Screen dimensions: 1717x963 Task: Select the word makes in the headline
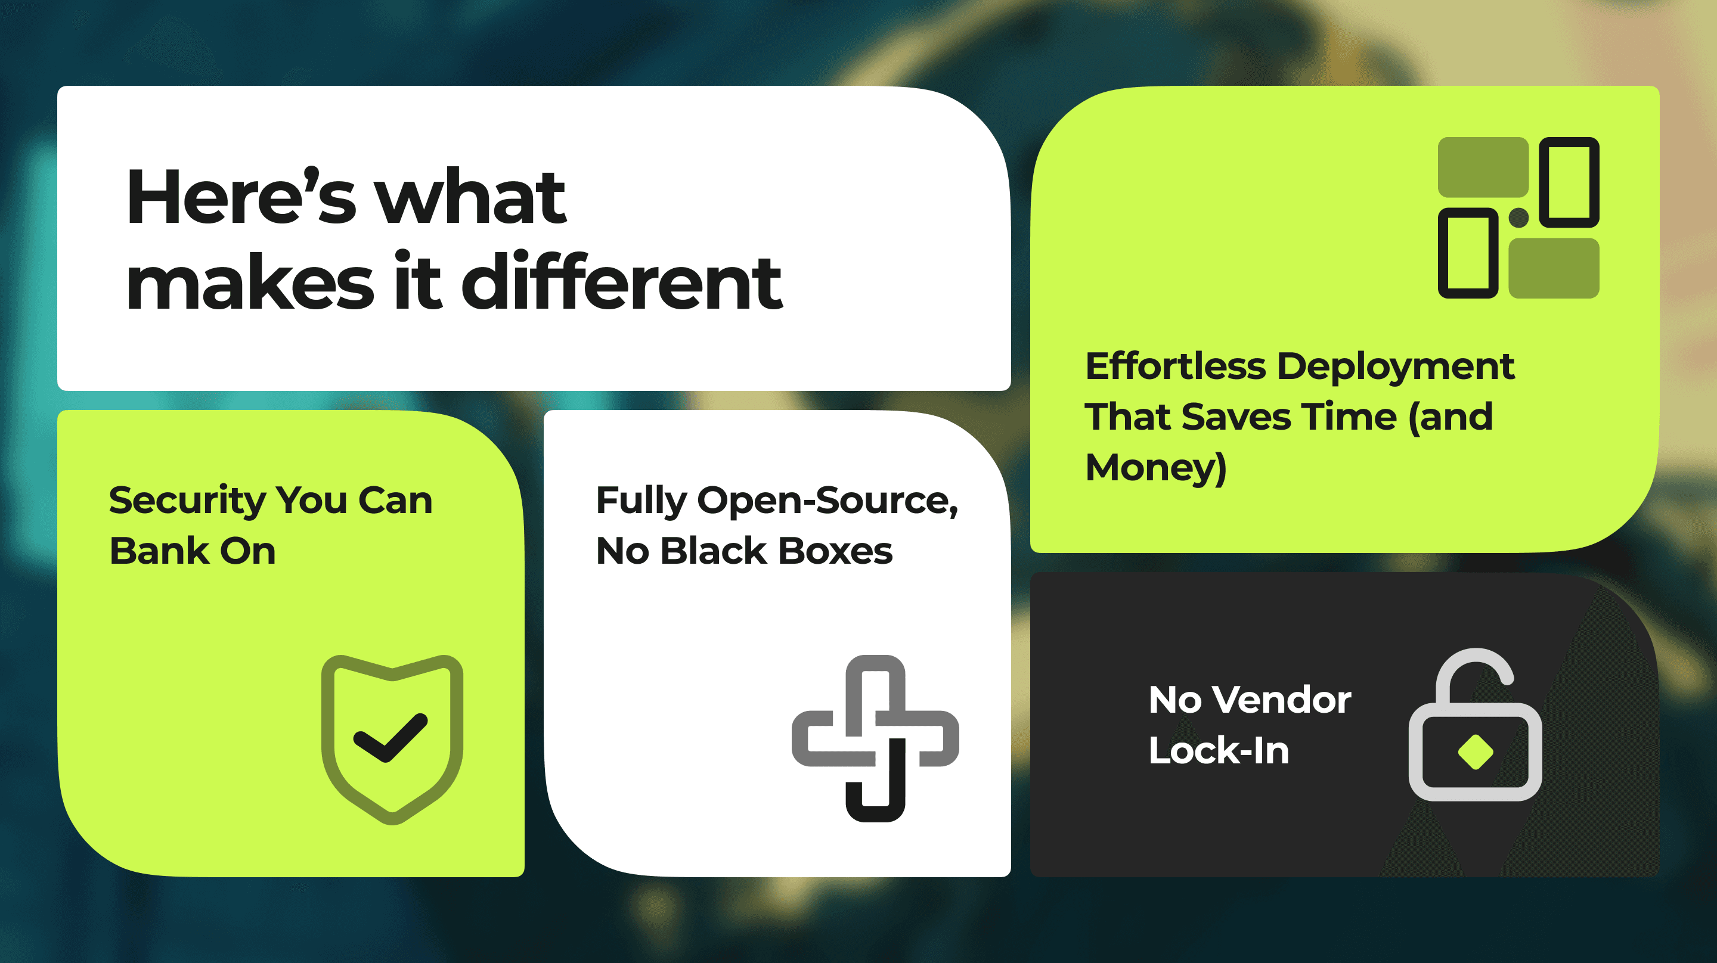[250, 283]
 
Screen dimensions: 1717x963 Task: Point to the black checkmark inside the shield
[390, 737]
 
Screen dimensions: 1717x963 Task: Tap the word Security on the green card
[187, 501]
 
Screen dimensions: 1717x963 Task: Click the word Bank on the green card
[159, 551]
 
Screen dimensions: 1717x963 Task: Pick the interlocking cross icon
[875, 738]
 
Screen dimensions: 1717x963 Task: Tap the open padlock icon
[1475, 725]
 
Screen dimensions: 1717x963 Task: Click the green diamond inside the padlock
[1476, 751]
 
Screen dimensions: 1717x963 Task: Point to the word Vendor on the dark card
[1281, 700]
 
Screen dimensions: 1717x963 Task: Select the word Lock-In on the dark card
[1219, 750]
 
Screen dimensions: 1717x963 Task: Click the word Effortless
[1176, 366]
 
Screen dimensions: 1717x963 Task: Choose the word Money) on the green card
[1157, 468]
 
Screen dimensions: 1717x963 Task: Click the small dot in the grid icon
[1518, 218]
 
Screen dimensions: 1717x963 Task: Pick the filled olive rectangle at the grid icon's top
[1483, 167]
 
